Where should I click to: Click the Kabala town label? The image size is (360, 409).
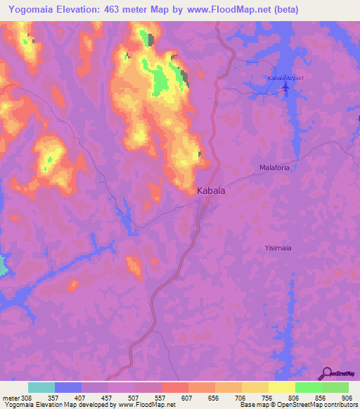click(211, 190)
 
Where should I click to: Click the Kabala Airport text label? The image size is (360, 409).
click(285, 78)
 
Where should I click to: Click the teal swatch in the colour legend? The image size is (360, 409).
click(41, 387)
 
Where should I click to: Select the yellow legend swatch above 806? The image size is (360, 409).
click(281, 387)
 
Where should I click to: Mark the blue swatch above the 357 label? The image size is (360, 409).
click(68, 387)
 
